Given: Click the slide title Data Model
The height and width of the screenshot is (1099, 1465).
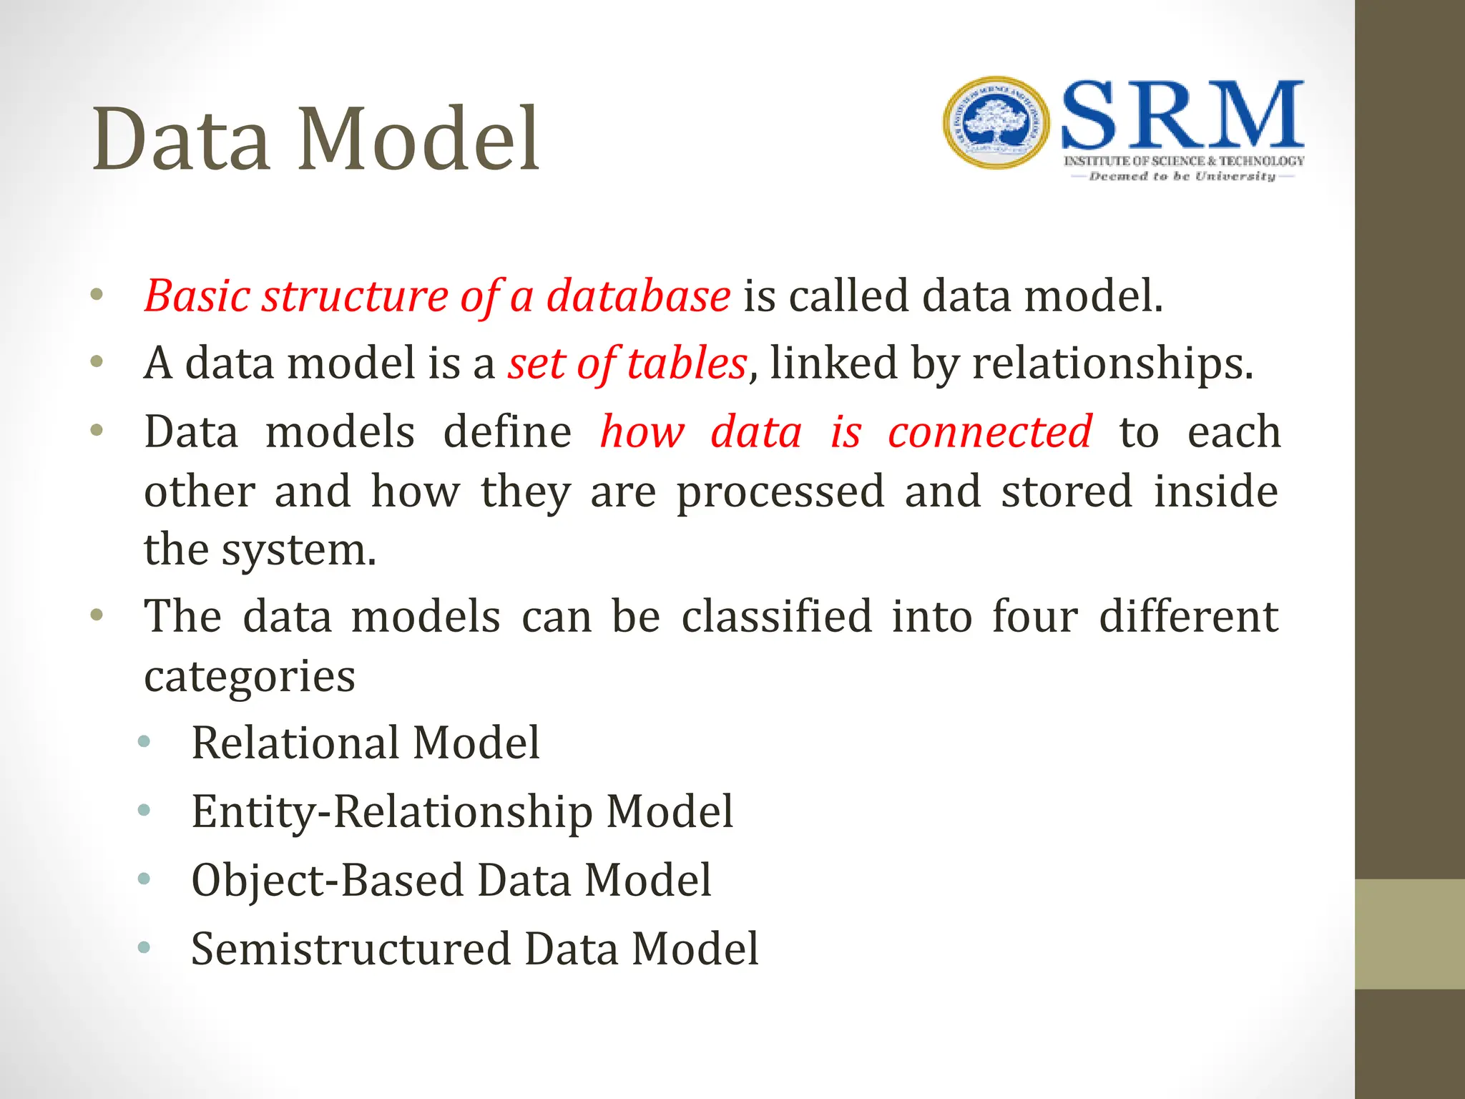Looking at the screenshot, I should pyautogui.click(x=315, y=139).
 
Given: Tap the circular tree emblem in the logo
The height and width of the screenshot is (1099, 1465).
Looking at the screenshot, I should pyautogui.click(x=996, y=123).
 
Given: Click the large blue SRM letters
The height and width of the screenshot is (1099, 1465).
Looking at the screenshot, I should pyautogui.click(x=1182, y=116).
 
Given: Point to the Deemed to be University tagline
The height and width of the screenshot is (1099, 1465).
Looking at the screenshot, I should pyautogui.click(x=1182, y=176).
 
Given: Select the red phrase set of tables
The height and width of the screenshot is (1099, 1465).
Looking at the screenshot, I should pyautogui.click(x=627, y=363).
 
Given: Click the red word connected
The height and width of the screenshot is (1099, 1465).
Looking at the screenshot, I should pyautogui.click(x=989, y=431).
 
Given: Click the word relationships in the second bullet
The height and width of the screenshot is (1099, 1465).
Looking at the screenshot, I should pyautogui.click(x=1112, y=363).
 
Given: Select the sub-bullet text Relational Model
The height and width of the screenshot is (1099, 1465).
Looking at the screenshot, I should pyautogui.click(x=366, y=743).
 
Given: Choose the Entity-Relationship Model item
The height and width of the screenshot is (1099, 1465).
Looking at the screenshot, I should pyautogui.click(x=462, y=811).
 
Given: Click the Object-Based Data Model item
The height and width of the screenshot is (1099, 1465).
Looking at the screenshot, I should pyautogui.click(x=451, y=880).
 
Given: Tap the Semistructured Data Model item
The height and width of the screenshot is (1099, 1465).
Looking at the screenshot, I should pyautogui.click(x=474, y=949).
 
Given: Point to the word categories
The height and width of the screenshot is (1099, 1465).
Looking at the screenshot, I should pyautogui.click(x=250, y=676).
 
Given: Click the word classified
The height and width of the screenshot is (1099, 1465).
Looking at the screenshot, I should pyautogui.click(x=776, y=616).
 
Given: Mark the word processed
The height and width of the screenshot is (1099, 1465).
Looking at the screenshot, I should pyautogui.click(x=780, y=492).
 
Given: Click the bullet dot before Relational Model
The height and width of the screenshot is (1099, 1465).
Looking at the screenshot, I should pyautogui.click(x=144, y=742).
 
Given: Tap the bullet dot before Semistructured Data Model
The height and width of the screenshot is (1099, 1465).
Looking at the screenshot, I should pyautogui.click(x=144, y=948).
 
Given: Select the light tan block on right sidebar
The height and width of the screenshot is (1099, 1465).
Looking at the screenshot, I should pyautogui.click(x=1409, y=934).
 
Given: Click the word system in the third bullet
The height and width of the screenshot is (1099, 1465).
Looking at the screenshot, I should pyautogui.click(x=298, y=550).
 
